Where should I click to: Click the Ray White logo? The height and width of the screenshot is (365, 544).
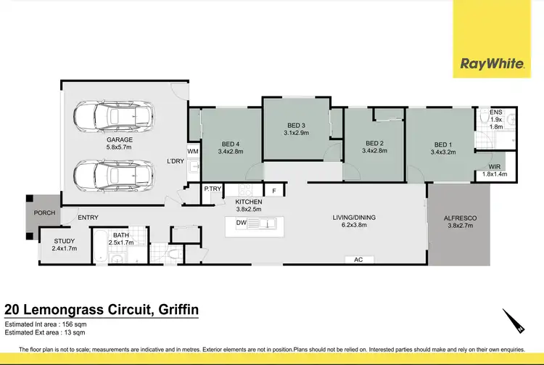point(492,64)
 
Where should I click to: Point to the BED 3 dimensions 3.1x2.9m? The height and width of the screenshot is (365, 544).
point(296,133)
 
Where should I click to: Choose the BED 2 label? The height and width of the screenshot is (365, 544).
point(374,143)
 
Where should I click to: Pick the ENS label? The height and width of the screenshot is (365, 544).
point(496,112)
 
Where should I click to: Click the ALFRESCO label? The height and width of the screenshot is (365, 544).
point(461,218)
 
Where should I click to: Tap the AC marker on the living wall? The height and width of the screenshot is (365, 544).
point(358,259)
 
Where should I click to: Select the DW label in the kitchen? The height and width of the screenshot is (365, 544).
point(242,223)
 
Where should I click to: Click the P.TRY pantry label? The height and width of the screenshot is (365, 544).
point(212,189)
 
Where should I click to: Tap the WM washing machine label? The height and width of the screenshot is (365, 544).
point(192,152)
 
